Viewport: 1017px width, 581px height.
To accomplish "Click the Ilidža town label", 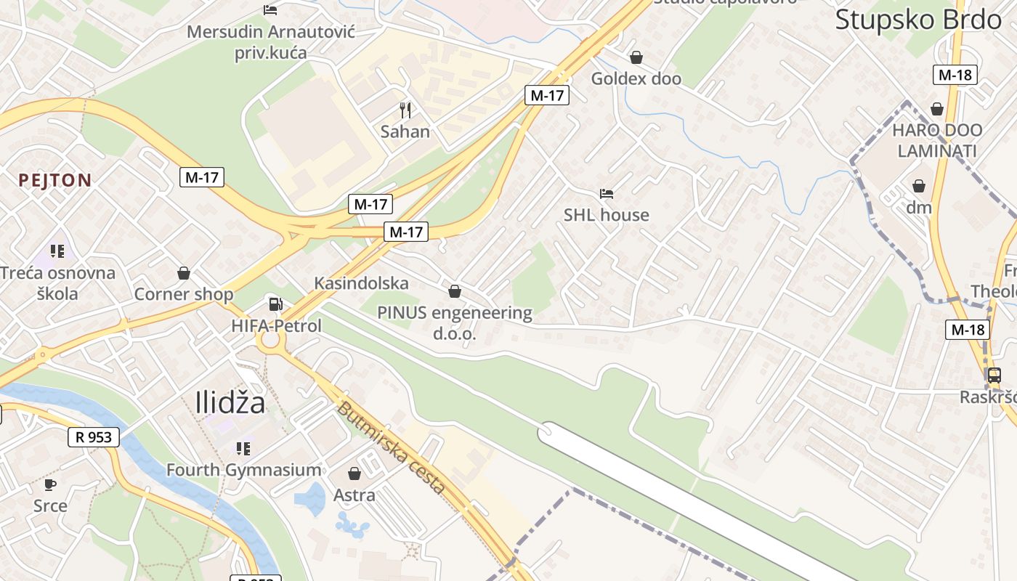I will [230, 402].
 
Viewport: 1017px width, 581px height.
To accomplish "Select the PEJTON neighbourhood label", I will [55, 180].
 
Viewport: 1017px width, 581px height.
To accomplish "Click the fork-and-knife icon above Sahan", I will [405, 110].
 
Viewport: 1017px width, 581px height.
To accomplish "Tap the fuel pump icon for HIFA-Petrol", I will [275, 304].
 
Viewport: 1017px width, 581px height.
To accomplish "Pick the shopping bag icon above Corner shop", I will [184, 273].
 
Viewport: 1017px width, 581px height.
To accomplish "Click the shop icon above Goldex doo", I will [636, 57].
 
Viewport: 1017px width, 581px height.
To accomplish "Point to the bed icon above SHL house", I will [607, 194].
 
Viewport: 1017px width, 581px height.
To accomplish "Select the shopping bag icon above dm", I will [919, 186].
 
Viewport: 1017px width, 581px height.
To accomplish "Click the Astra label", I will [354, 495].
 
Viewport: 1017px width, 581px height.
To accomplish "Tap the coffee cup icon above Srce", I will [50, 484].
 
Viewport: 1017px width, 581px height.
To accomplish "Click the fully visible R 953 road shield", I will [94, 436].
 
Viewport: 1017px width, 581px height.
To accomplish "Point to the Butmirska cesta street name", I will [390, 447].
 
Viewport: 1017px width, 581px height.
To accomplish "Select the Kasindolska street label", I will [361, 283].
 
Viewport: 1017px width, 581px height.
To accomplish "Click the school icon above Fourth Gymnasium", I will [243, 449].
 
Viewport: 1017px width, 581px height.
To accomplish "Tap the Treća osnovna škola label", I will [58, 283].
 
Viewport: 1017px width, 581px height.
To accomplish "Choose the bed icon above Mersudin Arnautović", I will [270, 10].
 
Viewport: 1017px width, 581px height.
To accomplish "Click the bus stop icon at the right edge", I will [994, 375].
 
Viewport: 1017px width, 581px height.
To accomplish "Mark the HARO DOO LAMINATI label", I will [937, 141].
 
